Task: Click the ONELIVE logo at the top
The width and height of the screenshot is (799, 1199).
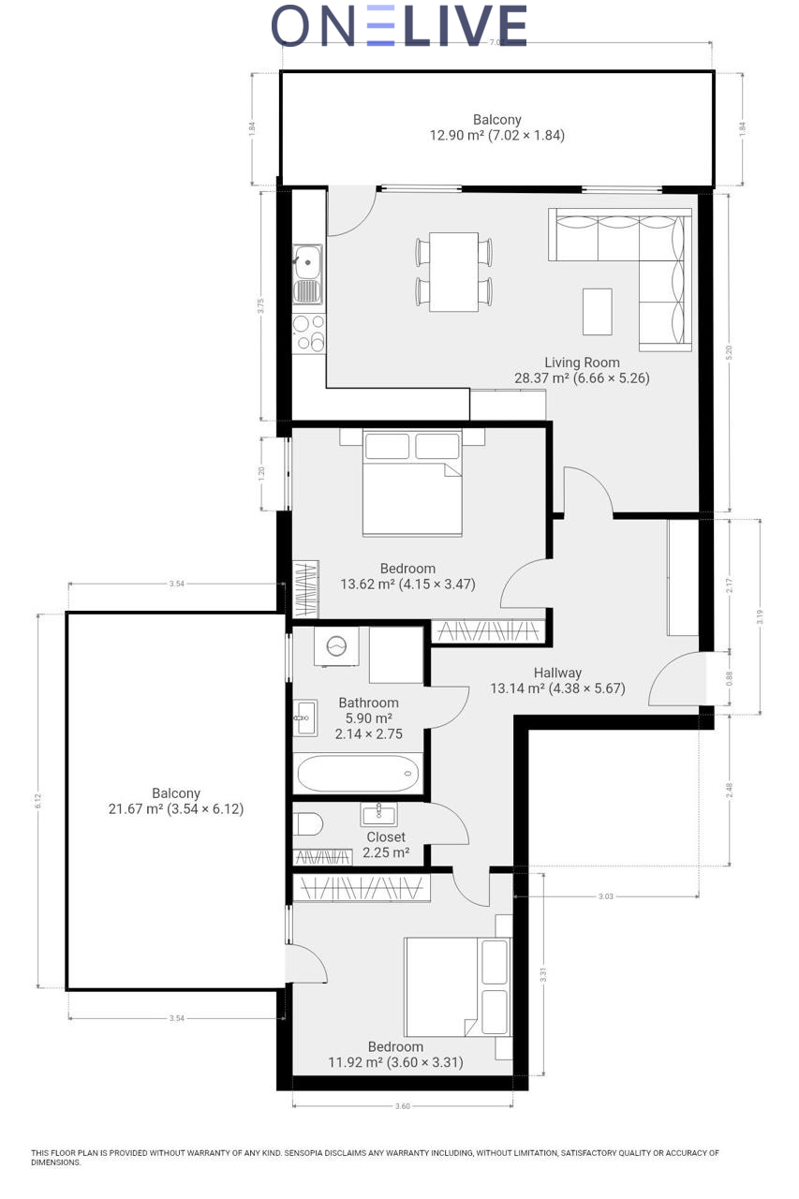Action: pyautogui.click(x=399, y=25)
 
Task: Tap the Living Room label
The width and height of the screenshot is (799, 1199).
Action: pyautogui.click(x=582, y=363)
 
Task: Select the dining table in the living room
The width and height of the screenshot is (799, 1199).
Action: pyautogui.click(x=453, y=272)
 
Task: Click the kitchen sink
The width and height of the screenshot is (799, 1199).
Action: pyautogui.click(x=308, y=274)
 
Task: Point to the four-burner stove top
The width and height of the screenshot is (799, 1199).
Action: pyautogui.click(x=309, y=333)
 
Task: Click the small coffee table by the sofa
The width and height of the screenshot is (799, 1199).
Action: pyautogui.click(x=598, y=312)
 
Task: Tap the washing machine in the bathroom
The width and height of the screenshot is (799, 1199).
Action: pyautogui.click(x=336, y=646)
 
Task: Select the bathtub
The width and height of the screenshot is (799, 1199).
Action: pyautogui.click(x=358, y=773)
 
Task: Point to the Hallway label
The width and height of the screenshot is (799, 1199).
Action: pyautogui.click(x=557, y=673)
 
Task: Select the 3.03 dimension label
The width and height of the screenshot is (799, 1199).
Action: pyautogui.click(x=605, y=896)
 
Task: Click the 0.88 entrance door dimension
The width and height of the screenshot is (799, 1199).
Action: pyautogui.click(x=729, y=678)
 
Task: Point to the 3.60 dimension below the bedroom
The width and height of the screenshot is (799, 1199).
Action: pyautogui.click(x=403, y=1106)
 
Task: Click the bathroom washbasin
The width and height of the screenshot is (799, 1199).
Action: pyautogui.click(x=305, y=718)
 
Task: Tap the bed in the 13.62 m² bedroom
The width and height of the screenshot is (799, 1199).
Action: pyautogui.click(x=412, y=482)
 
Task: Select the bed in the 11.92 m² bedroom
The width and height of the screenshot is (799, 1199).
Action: pyautogui.click(x=458, y=986)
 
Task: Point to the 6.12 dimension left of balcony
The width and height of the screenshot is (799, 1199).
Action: pyautogui.click(x=38, y=801)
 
